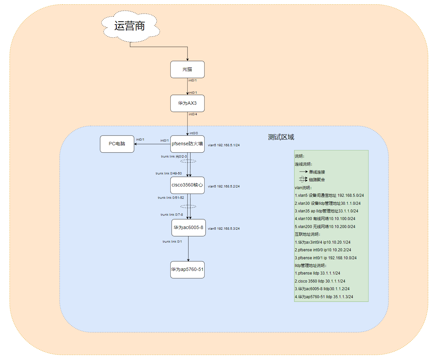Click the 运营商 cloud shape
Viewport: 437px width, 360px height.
tap(130, 26)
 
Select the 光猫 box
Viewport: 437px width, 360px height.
tap(187, 69)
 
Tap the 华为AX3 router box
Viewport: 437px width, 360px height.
tap(187, 103)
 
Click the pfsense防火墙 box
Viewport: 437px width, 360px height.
tap(187, 144)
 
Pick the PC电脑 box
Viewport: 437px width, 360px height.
tap(117, 144)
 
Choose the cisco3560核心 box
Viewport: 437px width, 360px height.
tap(187, 185)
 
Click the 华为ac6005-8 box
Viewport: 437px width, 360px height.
tap(188, 228)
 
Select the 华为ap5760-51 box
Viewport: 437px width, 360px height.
tap(187, 270)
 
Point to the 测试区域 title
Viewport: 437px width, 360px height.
tap(281, 137)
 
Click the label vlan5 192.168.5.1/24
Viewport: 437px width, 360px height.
tap(224, 145)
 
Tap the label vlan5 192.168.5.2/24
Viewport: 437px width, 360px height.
tap(224, 186)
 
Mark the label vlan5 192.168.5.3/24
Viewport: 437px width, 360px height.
tap(224, 229)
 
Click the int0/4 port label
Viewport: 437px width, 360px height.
tap(193, 114)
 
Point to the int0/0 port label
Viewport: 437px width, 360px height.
tap(194, 133)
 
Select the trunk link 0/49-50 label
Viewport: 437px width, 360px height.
tap(169, 174)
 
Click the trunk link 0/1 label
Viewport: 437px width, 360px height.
tap(172, 242)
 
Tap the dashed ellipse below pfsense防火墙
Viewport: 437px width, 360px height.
tap(188, 161)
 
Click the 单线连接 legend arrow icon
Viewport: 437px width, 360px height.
tap(303, 172)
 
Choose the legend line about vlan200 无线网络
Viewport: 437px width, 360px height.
tap(325, 227)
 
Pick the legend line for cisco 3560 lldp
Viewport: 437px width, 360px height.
tap(320, 281)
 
